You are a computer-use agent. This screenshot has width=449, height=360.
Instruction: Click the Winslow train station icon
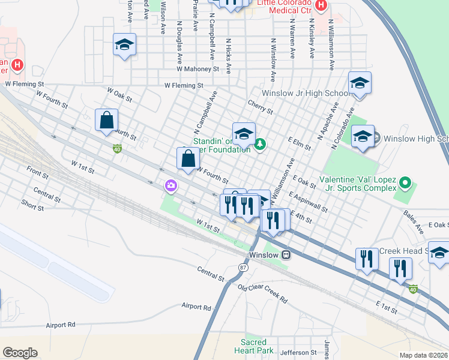point(286,254)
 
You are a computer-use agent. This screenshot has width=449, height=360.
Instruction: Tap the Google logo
point(20,353)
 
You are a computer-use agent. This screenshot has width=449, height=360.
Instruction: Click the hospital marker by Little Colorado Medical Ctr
point(321,5)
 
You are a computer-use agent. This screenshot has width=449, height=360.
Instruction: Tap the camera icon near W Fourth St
point(171,186)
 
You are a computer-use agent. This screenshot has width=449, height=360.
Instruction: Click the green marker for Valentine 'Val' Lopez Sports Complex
point(406,181)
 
